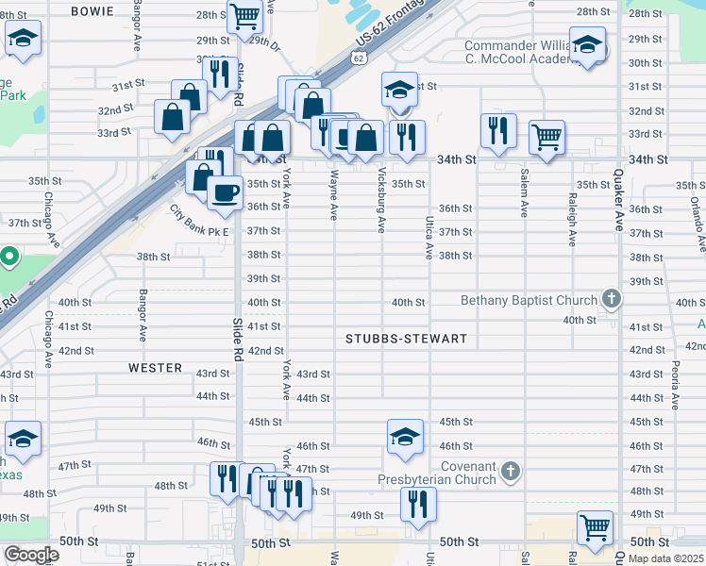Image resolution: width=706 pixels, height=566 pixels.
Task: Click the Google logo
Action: coord(30,555)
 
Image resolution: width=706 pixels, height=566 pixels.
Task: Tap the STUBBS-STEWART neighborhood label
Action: coord(407,338)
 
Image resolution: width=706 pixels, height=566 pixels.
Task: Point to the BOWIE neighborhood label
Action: coord(92,11)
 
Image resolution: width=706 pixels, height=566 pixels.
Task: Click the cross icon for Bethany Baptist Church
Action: coord(612,301)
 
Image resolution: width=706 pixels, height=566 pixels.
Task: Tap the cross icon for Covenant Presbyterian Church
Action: coord(510,471)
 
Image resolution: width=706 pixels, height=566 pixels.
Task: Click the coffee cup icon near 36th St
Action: coord(225,192)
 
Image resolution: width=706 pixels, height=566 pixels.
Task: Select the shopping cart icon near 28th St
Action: coord(244,16)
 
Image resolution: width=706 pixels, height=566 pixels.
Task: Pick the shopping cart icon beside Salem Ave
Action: coord(546,137)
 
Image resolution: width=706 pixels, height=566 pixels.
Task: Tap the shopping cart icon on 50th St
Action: coord(596,527)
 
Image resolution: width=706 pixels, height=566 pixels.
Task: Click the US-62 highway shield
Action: coord(358,58)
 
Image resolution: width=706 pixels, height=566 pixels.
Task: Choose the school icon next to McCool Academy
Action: coord(587,45)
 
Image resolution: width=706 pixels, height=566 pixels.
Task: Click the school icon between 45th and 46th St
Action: coord(405,437)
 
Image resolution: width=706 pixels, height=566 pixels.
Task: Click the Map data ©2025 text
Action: coord(665,558)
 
